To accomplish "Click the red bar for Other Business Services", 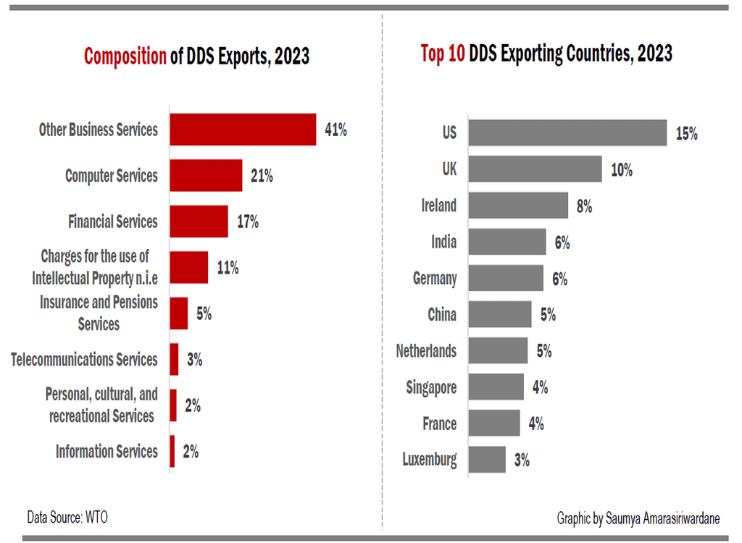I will pyautogui.click(x=243, y=130).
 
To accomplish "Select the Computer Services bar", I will pyautogui.click(x=206, y=175).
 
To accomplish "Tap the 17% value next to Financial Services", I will pyautogui.click(x=247, y=222).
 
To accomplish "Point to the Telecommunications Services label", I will pyautogui.click(x=84, y=359).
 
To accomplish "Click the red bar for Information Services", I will pyautogui.click(x=172, y=451).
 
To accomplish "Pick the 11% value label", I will pyautogui.click(x=228, y=267).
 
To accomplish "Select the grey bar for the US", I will pyautogui.click(x=567, y=133).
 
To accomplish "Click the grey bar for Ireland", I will pyautogui.click(x=518, y=205).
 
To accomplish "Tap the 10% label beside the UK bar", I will pyautogui.click(x=621, y=169).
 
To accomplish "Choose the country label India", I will pyautogui.click(x=443, y=242).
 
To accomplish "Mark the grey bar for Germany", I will pyautogui.click(x=506, y=278).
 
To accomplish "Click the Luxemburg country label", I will pyautogui.click(x=430, y=459).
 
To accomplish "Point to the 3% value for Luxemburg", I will pyautogui.click(x=522, y=459).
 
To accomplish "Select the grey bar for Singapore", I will pyautogui.click(x=496, y=387).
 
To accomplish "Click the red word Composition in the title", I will pyautogui.click(x=125, y=56).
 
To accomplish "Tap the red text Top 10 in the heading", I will pyautogui.click(x=443, y=53).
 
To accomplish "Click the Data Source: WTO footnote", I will pyautogui.click(x=67, y=517).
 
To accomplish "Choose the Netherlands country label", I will pyautogui.click(x=426, y=350).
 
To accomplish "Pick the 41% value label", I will pyautogui.click(x=335, y=130).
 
